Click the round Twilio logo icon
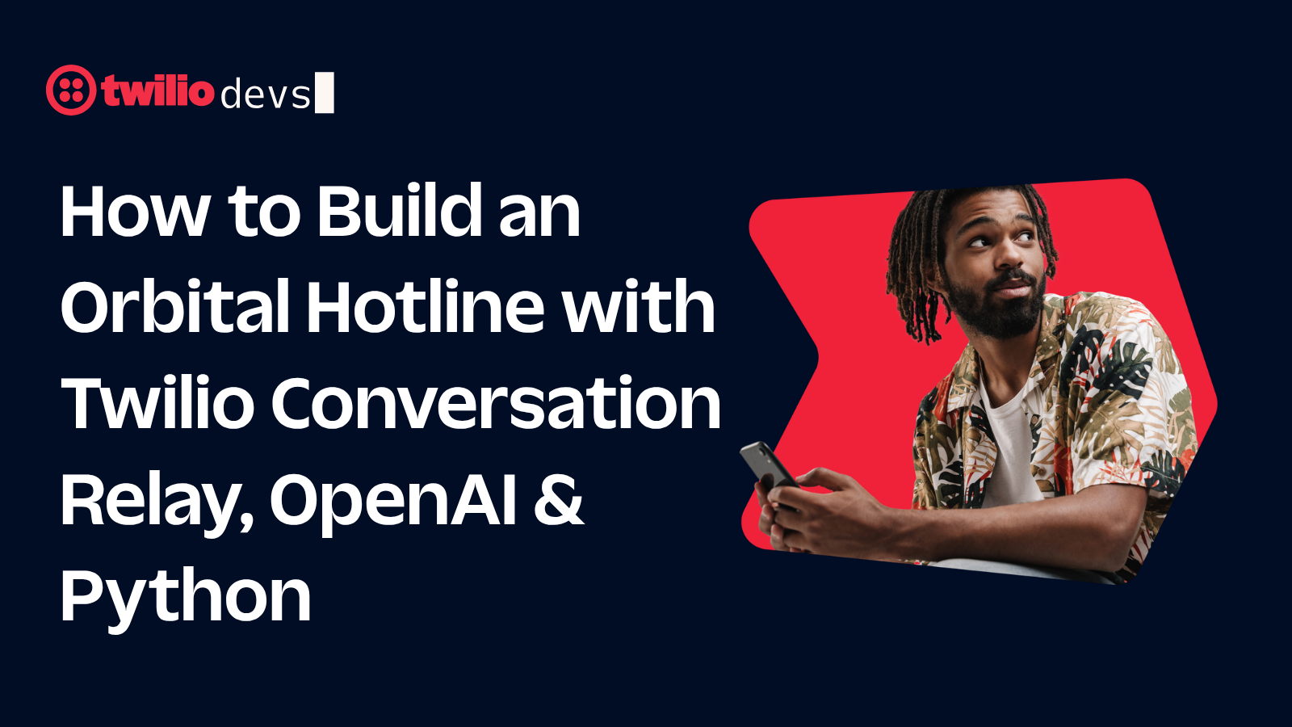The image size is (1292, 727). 71,90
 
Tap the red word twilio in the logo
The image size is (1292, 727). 158,90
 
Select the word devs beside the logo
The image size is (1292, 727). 266,95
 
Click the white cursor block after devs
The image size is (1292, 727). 324,92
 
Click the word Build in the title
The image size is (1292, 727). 399,210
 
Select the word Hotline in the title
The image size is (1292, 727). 426,305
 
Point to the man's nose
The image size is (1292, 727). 1009,254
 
